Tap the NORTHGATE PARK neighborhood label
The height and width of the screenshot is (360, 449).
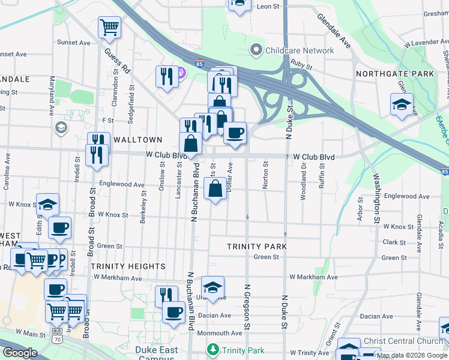[394, 74]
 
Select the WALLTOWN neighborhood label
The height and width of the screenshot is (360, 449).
[138, 139]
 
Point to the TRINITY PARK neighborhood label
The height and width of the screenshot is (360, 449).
[256, 247]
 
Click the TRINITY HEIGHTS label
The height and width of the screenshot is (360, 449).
[128, 266]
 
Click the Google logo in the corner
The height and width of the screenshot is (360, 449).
[20, 353]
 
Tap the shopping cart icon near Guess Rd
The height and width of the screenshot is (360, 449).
[110, 26]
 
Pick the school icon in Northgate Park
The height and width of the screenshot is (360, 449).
[402, 104]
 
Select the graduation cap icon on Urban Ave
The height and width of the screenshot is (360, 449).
[212, 287]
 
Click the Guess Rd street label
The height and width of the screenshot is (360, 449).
[117, 61]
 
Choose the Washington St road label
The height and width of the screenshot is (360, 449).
[377, 198]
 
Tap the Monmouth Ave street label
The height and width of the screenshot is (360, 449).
[214, 333]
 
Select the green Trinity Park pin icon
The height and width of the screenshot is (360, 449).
[212, 349]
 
